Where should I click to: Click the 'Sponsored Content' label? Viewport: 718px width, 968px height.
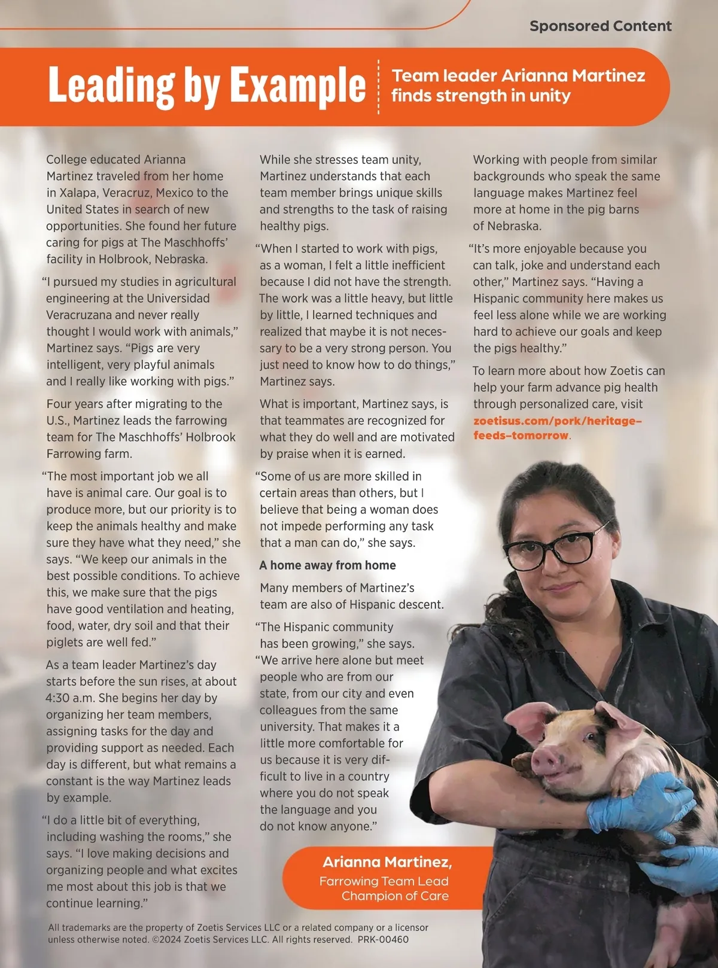(x=600, y=26)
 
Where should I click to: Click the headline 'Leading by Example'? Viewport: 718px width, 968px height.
(x=206, y=86)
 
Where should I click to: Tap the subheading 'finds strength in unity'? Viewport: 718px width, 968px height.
(x=480, y=96)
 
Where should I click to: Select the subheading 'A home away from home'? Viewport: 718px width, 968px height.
(x=327, y=565)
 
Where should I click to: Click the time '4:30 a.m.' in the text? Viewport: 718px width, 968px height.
(x=70, y=698)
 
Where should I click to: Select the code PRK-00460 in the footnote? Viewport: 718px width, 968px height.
(x=383, y=939)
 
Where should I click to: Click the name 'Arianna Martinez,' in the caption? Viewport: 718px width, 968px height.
(x=387, y=862)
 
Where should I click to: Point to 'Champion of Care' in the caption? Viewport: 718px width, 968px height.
(x=395, y=896)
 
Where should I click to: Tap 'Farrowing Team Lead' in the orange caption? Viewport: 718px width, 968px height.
(x=384, y=881)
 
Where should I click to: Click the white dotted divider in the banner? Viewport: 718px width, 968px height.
(x=379, y=87)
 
